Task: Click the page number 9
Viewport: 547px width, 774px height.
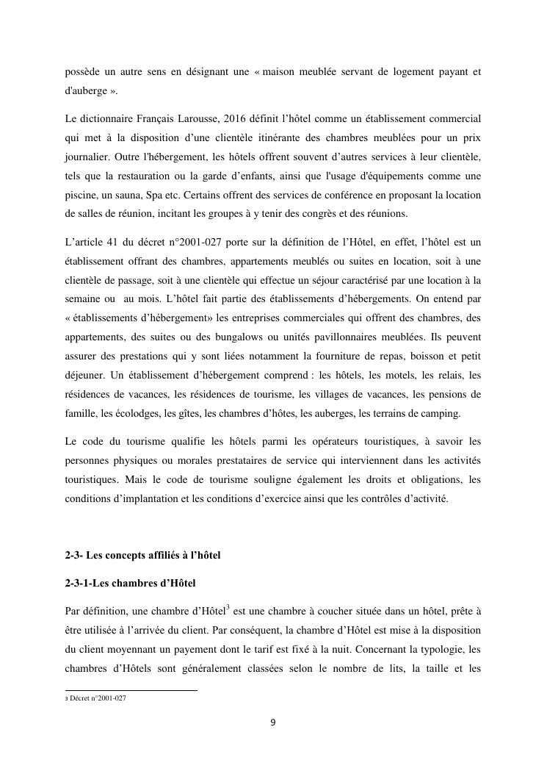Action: [273, 722]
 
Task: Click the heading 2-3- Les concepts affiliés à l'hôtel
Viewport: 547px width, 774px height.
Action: [143, 555]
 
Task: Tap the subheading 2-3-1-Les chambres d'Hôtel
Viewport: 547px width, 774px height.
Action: [131, 583]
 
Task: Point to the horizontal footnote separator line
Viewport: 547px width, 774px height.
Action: [131, 690]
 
